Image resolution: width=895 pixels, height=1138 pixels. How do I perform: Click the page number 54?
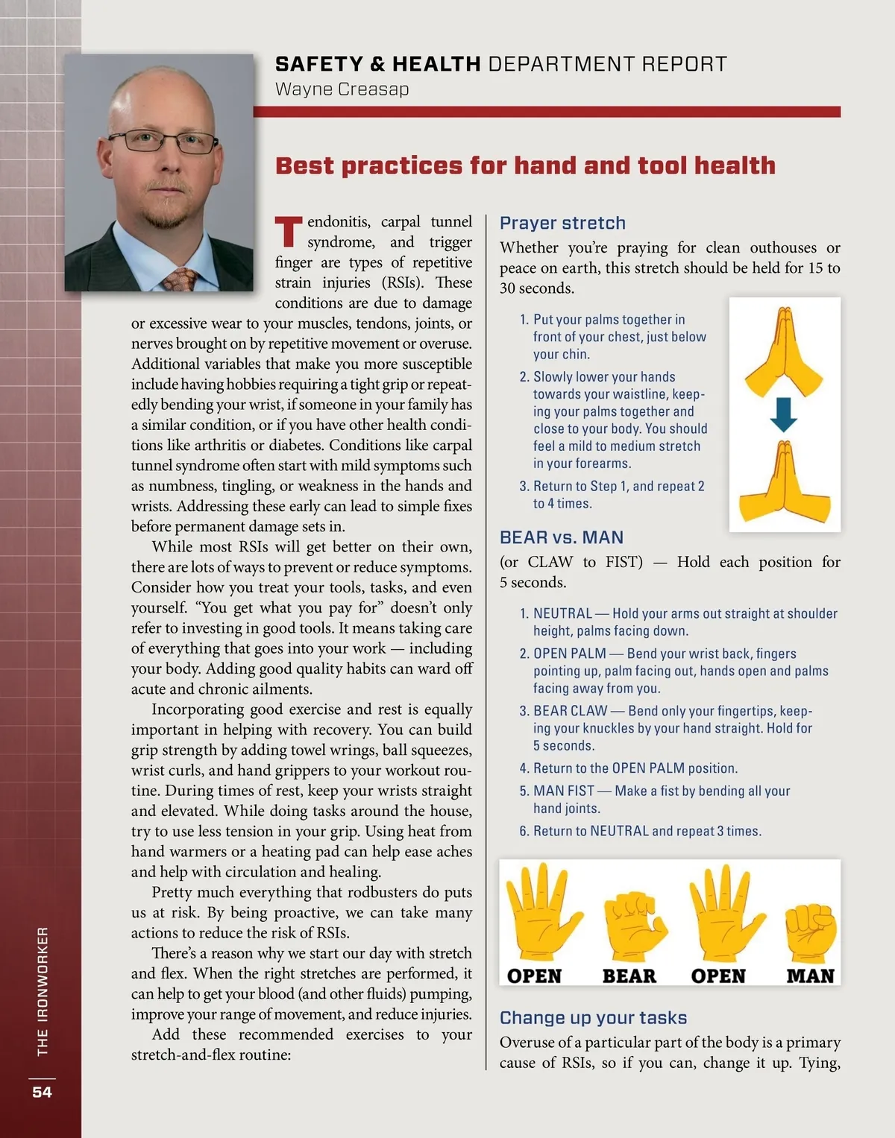tap(42, 1092)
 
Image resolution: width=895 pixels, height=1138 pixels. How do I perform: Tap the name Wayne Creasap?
tap(342, 89)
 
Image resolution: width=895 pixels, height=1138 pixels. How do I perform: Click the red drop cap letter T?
tap(289, 232)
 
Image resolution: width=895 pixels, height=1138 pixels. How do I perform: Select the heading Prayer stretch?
tap(562, 223)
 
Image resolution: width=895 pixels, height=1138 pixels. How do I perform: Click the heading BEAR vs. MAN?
tap(561, 537)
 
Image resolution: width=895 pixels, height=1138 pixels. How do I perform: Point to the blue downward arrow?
tap(783, 414)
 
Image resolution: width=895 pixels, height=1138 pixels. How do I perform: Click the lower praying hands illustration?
tap(784, 484)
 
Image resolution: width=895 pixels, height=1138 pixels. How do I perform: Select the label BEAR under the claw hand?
tap(629, 976)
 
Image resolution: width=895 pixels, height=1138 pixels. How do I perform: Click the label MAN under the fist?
tap(810, 976)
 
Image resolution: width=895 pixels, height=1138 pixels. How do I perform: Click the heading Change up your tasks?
tap(593, 1018)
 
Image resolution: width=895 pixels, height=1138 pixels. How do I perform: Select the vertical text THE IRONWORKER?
tap(43, 990)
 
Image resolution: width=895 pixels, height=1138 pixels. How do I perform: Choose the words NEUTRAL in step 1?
tap(562, 613)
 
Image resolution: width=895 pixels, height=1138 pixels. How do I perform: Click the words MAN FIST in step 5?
tap(563, 791)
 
